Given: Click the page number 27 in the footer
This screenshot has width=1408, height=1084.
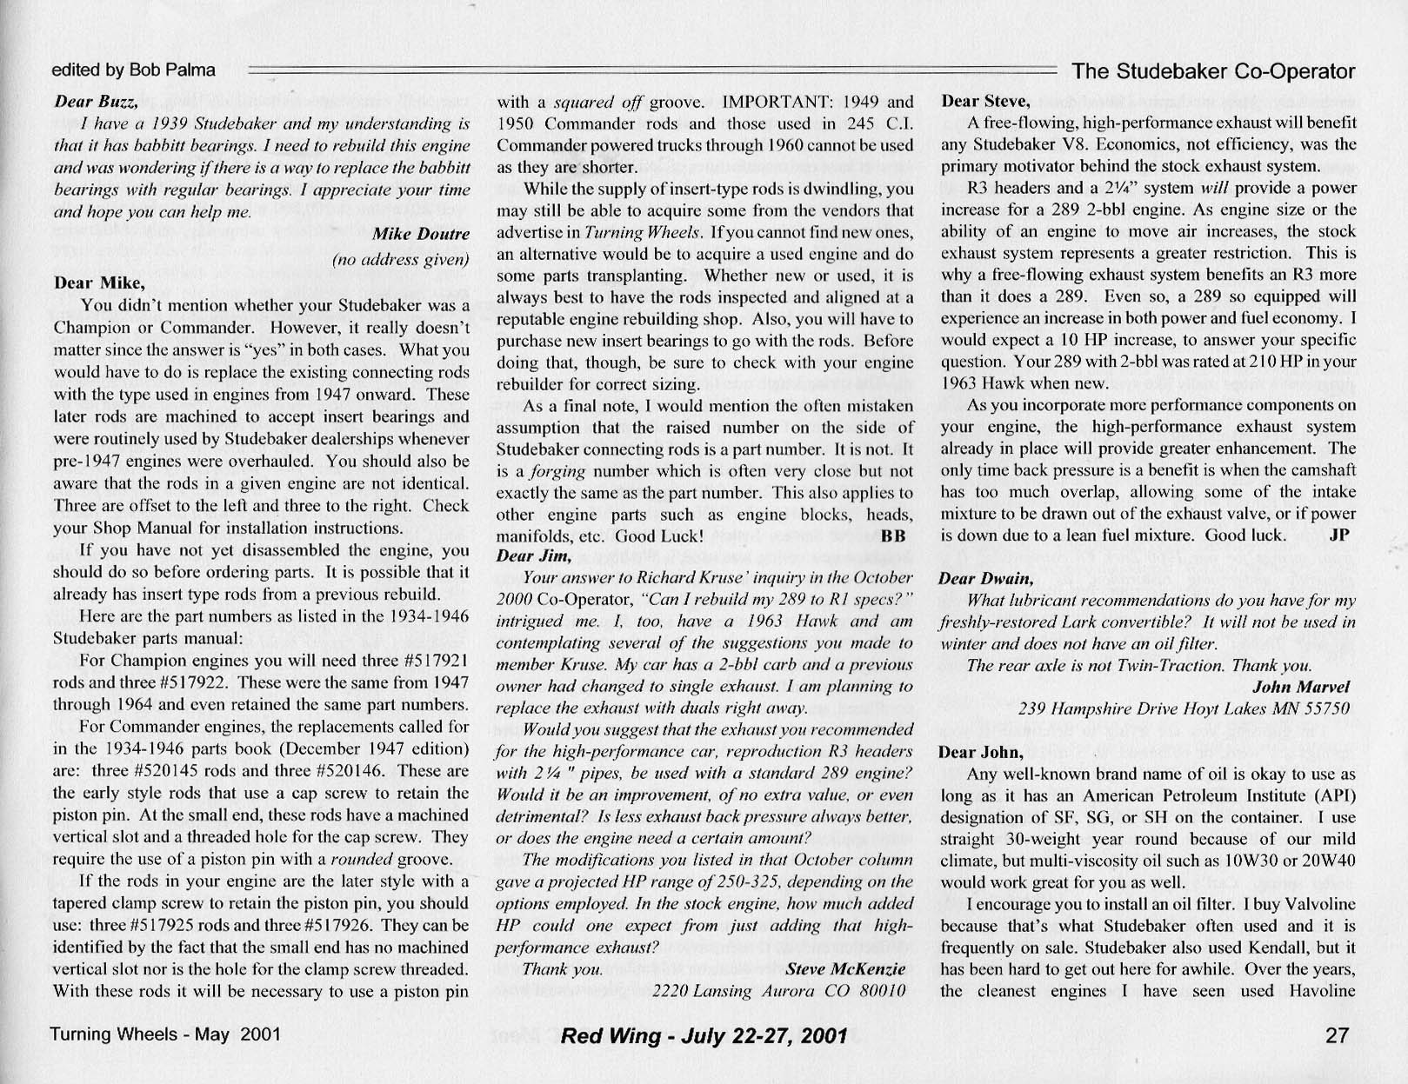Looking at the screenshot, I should point(1337,1035).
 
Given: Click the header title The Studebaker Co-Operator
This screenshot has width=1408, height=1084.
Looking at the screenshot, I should point(1213,71).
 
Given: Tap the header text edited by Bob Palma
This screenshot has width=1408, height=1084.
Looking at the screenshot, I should point(133,70).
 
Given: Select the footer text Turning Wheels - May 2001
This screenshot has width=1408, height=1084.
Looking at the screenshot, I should point(165,1034).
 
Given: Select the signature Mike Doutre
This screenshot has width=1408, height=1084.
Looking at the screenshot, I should point(420,234).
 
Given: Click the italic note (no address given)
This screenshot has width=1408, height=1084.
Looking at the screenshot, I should point(400,259).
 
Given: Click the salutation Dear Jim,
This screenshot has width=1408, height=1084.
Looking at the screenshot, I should point(533,555).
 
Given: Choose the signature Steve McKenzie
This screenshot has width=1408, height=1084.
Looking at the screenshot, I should point(844,968).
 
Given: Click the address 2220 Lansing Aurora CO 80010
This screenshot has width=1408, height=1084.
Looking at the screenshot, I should point(778,990).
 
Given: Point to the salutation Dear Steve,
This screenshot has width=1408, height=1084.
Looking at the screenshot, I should point(985,101).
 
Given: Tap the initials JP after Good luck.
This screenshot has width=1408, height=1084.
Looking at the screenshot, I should point(1339,535).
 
